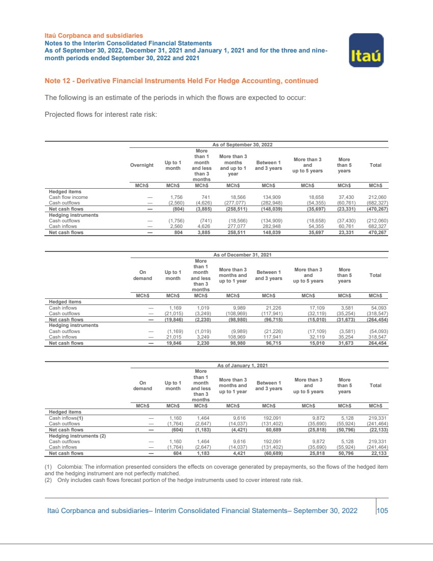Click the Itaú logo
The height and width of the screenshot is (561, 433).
[366, 50]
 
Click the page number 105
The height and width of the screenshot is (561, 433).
[382, 511]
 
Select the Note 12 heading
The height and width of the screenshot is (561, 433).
[182, 81]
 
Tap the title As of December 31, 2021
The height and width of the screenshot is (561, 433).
[241, 254]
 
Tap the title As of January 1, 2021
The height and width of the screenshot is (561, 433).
[242, 366]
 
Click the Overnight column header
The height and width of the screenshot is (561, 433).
[142, 165]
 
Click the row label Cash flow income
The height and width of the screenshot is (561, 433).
[68, 196]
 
